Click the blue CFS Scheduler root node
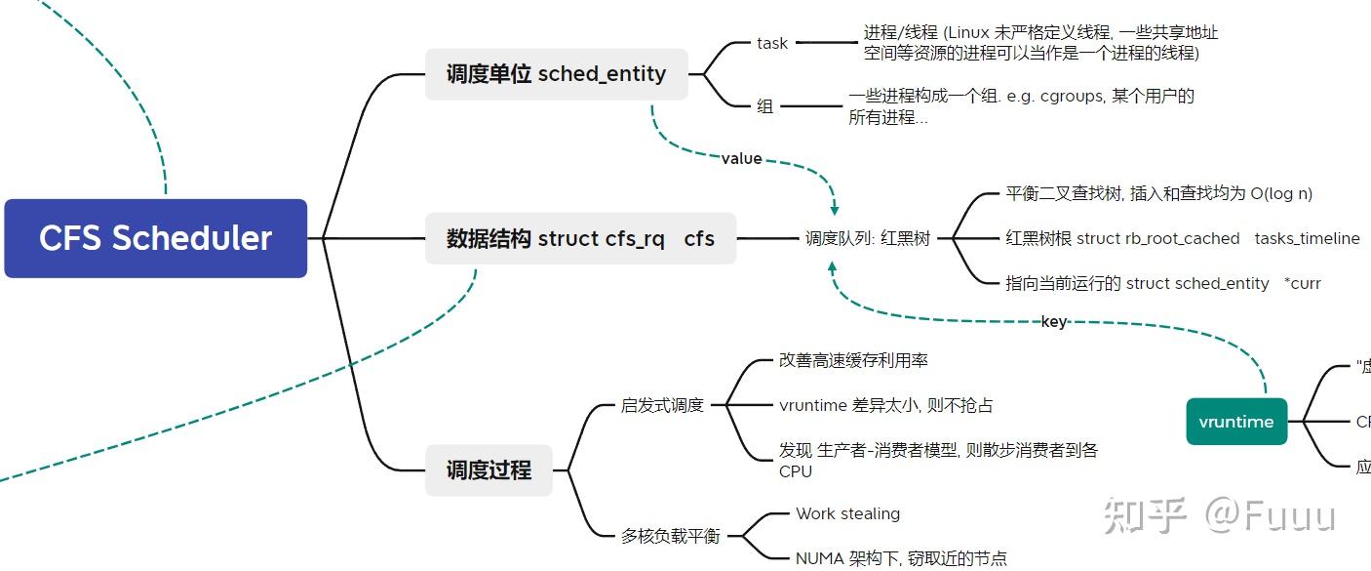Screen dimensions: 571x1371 pyautogui.click(x=156, y=238)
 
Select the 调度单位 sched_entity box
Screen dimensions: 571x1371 pyautogui.click(x=556, y=74)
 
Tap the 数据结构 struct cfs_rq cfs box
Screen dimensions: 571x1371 pyautogui.click(x=580, y=238)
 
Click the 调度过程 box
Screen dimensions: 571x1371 pyautogui.click(x=489, y=469)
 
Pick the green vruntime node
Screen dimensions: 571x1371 pyautogui.click(x=1236, y=422)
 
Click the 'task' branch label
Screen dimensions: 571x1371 pyautogui.click(x=772, y=43)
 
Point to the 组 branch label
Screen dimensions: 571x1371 pyautogui.click(x=765, y=106)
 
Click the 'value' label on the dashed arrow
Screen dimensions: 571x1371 pyautogui.click(x=741, y=158)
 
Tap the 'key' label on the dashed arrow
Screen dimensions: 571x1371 pyautogui.click(x=1054, y=321)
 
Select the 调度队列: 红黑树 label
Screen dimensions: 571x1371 pyautogui.click(x=868, y=238)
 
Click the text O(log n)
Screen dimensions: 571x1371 pyautogui.click(x=1281, y=193)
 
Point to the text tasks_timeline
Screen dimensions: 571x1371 pyautogui.click(x=1307, y=238)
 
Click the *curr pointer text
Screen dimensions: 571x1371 pyautogui.click(x=1303, y=283)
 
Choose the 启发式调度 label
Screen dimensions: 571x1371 pyautogui.click(x=662, y=405)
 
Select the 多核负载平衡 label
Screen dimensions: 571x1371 pyautogui.click(x=670, y=536)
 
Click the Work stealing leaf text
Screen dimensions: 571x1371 pyautogui.click(x=847, y=513)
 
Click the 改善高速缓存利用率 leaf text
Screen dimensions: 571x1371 pyautogui.click(x=853, y=360)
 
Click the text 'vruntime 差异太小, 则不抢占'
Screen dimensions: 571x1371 pyautogui.click(x=885, y=405)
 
